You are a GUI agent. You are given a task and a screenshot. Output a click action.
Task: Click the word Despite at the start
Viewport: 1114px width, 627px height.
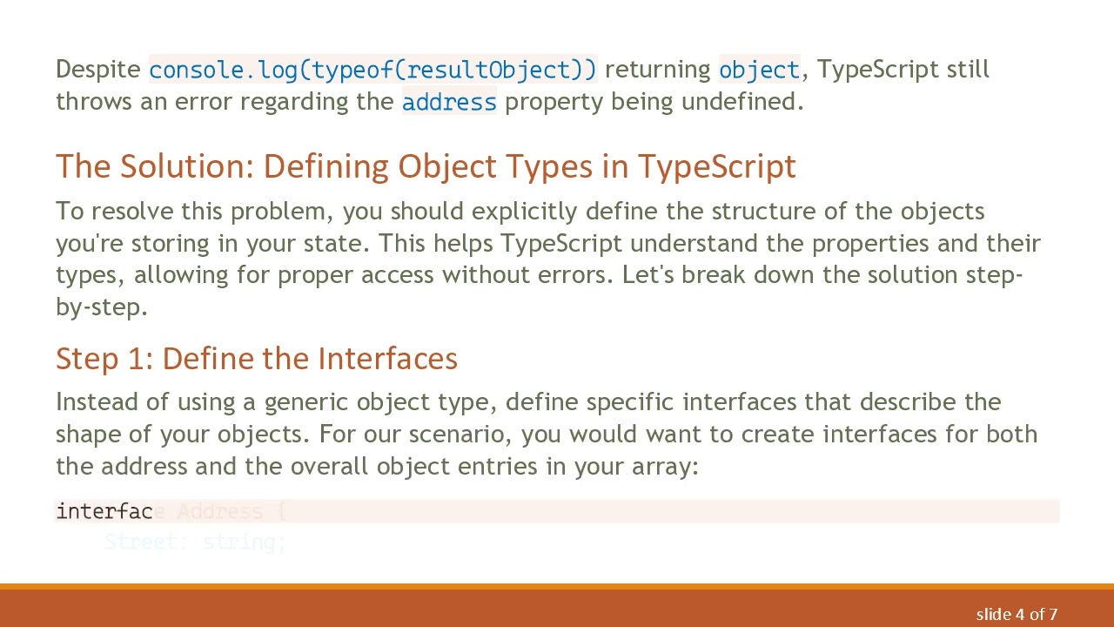pos(97,70)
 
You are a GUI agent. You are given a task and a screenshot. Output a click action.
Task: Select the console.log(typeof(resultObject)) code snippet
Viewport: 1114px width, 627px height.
pos(372,70)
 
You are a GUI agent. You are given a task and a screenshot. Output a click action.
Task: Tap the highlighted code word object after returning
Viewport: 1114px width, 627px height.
pos(759,70)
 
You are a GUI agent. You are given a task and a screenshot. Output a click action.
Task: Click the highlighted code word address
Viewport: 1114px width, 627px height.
pos(449,102)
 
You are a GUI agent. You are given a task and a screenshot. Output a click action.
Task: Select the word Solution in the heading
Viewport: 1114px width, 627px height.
pos(184,166)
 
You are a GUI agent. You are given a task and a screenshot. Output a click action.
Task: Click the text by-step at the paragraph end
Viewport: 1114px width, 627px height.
pos(102,307)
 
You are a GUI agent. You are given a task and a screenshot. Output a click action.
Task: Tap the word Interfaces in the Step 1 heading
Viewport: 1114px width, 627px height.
pos(387,359)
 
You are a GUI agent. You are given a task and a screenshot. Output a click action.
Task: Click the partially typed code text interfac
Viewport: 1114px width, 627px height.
pos(104,511)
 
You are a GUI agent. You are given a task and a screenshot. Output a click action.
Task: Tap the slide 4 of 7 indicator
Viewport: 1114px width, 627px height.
pos(1017,614)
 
